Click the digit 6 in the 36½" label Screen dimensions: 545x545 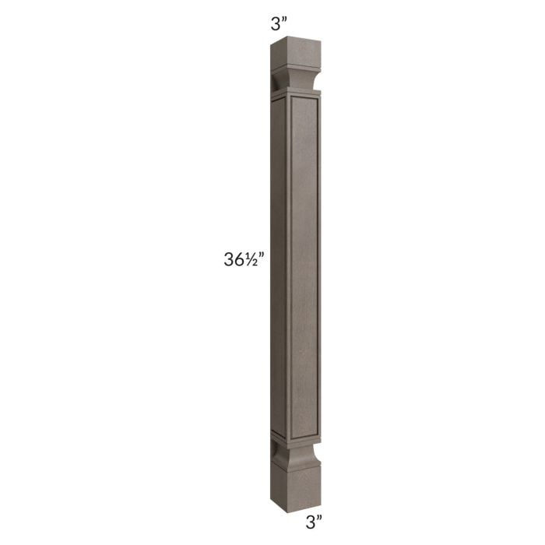238,261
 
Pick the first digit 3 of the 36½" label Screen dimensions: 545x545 229,261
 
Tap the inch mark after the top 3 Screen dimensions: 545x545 283,20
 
